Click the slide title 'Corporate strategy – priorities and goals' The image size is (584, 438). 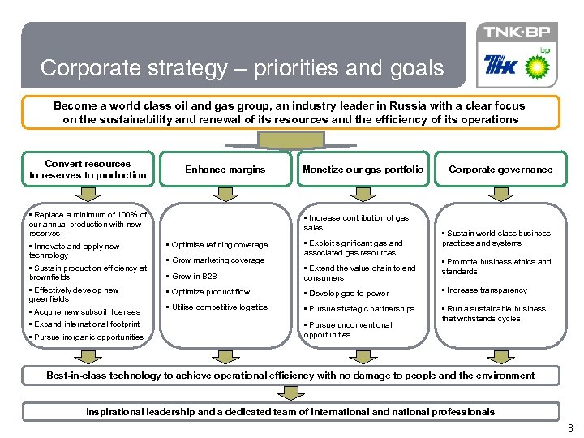click(x=242, y=68)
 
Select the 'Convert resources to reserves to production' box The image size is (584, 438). click(x=88, y=170)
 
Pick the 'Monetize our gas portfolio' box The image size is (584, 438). click(x=363, y=170)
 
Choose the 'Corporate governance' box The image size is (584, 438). click(x=500, y=170)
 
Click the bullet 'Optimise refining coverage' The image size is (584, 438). click(x=219, y=245)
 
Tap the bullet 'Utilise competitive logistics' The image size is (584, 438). click(x=219, y=307)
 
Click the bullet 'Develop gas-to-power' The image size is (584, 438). click(x=349, y=294)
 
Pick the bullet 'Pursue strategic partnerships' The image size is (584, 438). click(x=361, y=309)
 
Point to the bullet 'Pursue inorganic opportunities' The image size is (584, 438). click(x=88, y=337)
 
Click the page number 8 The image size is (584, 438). click(x=570, y=427)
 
